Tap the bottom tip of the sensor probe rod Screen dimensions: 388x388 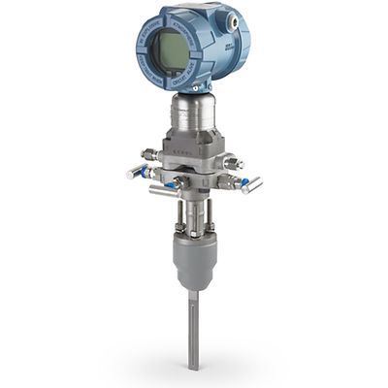tap(193, 365)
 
